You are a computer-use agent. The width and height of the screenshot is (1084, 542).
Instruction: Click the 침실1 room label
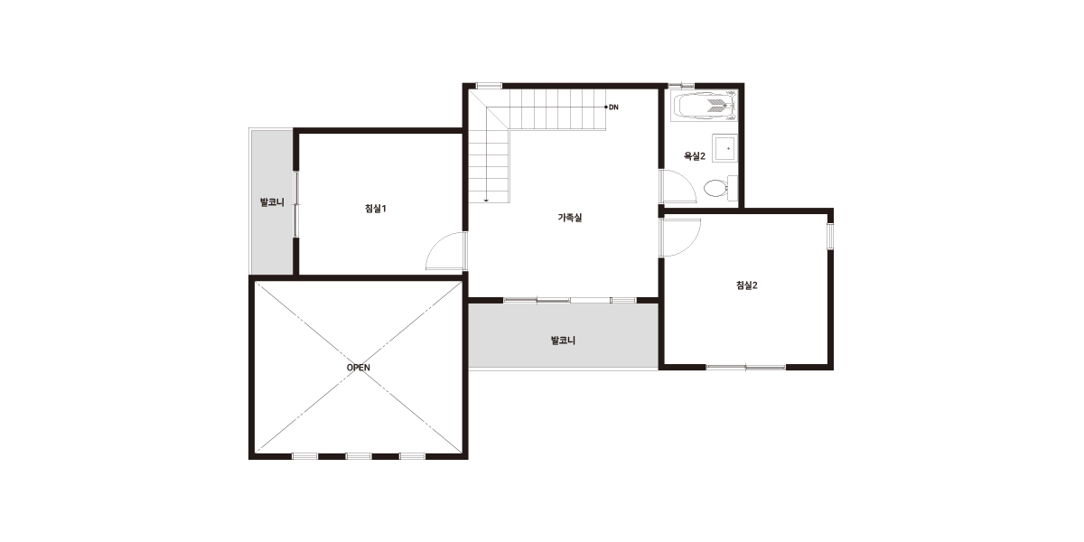click(x=376, y=209)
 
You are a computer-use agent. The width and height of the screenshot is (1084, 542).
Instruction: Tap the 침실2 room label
click(x=747, y=285)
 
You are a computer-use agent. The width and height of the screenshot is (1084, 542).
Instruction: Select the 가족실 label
click(x=570, y=218)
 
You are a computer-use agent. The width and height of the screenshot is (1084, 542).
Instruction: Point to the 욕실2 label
click(x=695, y=155)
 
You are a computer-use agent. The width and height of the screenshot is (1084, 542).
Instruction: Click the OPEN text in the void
click(x=359, y=368)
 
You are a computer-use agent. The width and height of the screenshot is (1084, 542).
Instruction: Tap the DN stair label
click(x=613, y=107)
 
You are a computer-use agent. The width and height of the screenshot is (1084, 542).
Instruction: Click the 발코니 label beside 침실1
click(x=272, y=202)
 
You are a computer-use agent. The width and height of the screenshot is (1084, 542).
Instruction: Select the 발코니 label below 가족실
click(x=564, y=341)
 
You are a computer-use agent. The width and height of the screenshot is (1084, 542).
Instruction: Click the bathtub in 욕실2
click(x=704, y=106)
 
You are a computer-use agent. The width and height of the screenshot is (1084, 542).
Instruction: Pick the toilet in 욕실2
click(x=720, y=188)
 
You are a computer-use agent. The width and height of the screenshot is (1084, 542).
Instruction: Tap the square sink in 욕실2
click(x=724, y=148)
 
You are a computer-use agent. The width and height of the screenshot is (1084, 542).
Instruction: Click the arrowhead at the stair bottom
click(x=486, y=200)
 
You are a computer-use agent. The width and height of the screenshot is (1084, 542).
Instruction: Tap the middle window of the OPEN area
click(x=359, y=456)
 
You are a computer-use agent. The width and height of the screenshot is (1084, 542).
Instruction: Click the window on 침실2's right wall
click(x=830, y=236)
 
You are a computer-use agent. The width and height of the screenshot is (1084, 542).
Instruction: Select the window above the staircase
click(x=489, y=86)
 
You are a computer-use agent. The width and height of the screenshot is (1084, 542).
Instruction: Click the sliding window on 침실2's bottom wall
click(x=746, y=368)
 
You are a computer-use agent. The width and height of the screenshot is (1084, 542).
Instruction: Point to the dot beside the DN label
click(x=606, y=107)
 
